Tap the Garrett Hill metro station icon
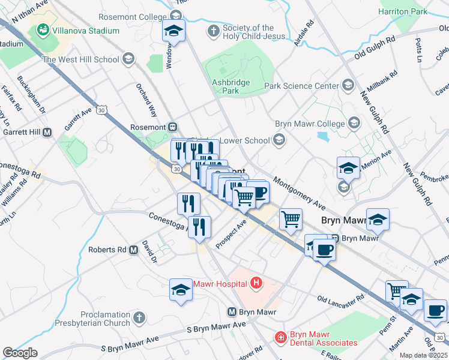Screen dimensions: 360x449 click(x=47, y=132)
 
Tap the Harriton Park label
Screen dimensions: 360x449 click(x=403, y=11)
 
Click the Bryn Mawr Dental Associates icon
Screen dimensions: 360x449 click(x=280, y=338)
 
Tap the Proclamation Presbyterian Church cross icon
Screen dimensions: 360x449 click(x=139, y=318)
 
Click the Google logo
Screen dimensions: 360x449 click(x=20, y=353)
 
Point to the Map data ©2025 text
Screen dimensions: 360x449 click(x=423, y=355)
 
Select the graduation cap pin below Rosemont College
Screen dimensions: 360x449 click(x=173, y=31)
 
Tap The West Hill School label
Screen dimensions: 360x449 click(x=80, y=59)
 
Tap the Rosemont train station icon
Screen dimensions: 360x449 click(x=173, y=127)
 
